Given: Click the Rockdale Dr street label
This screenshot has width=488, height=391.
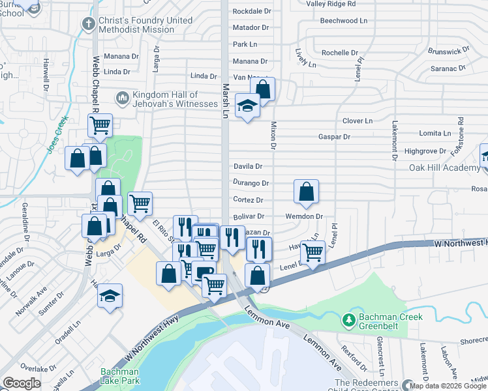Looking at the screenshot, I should (251, 11).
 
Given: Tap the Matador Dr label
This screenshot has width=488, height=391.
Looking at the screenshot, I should (251, 27).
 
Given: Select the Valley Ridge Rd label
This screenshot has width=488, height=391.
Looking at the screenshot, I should (331, 3).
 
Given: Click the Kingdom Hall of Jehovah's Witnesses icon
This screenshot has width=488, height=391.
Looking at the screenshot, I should (121, 98).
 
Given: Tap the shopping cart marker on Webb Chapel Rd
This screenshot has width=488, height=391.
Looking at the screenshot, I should (100, 124).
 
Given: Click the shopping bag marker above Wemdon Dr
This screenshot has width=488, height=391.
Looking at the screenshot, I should (306, 191).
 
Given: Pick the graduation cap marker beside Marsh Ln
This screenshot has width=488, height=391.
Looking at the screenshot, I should (247, 105).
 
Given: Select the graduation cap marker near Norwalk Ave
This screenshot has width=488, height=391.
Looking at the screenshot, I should (110, 295).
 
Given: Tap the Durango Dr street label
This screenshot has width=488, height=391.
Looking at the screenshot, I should (251, 184).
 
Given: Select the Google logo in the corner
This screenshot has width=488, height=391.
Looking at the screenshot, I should (21, 383).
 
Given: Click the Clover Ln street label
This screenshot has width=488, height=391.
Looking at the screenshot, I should (358, 121).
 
